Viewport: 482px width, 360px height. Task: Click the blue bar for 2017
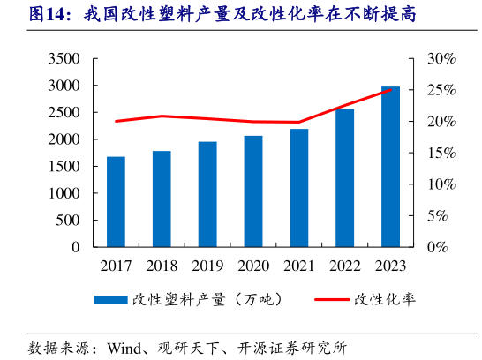(116, 202)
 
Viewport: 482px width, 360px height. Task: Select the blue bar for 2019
(207, 194)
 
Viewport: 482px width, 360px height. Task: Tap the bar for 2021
(298, 188)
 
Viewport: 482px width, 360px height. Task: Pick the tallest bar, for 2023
(390, 167)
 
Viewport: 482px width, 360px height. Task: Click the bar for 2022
(344, 178)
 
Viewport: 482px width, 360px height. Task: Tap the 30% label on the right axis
(441, 59)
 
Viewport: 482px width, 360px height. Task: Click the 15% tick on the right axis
(441, 154)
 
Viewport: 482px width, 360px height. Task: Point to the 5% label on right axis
(444, 216)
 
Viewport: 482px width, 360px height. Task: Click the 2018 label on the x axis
(162, 266)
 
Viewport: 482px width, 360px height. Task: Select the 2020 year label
(253, 266)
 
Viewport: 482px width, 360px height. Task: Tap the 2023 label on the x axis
(390, 266)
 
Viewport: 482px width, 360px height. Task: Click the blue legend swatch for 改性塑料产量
(110, 300)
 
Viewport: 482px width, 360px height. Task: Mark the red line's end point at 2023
(390, 90)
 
